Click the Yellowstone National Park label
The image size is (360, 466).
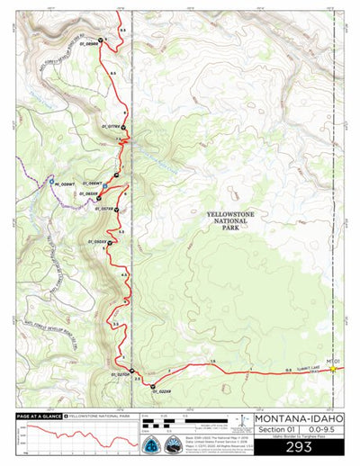point(231,220)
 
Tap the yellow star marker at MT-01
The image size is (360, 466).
point(333,368)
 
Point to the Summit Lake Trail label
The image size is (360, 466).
point(297,367)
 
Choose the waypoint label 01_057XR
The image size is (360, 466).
point(101,209)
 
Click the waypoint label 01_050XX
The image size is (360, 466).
point(96,242)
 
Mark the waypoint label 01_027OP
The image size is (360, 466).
point(120,374)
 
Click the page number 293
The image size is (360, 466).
point(298,445)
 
